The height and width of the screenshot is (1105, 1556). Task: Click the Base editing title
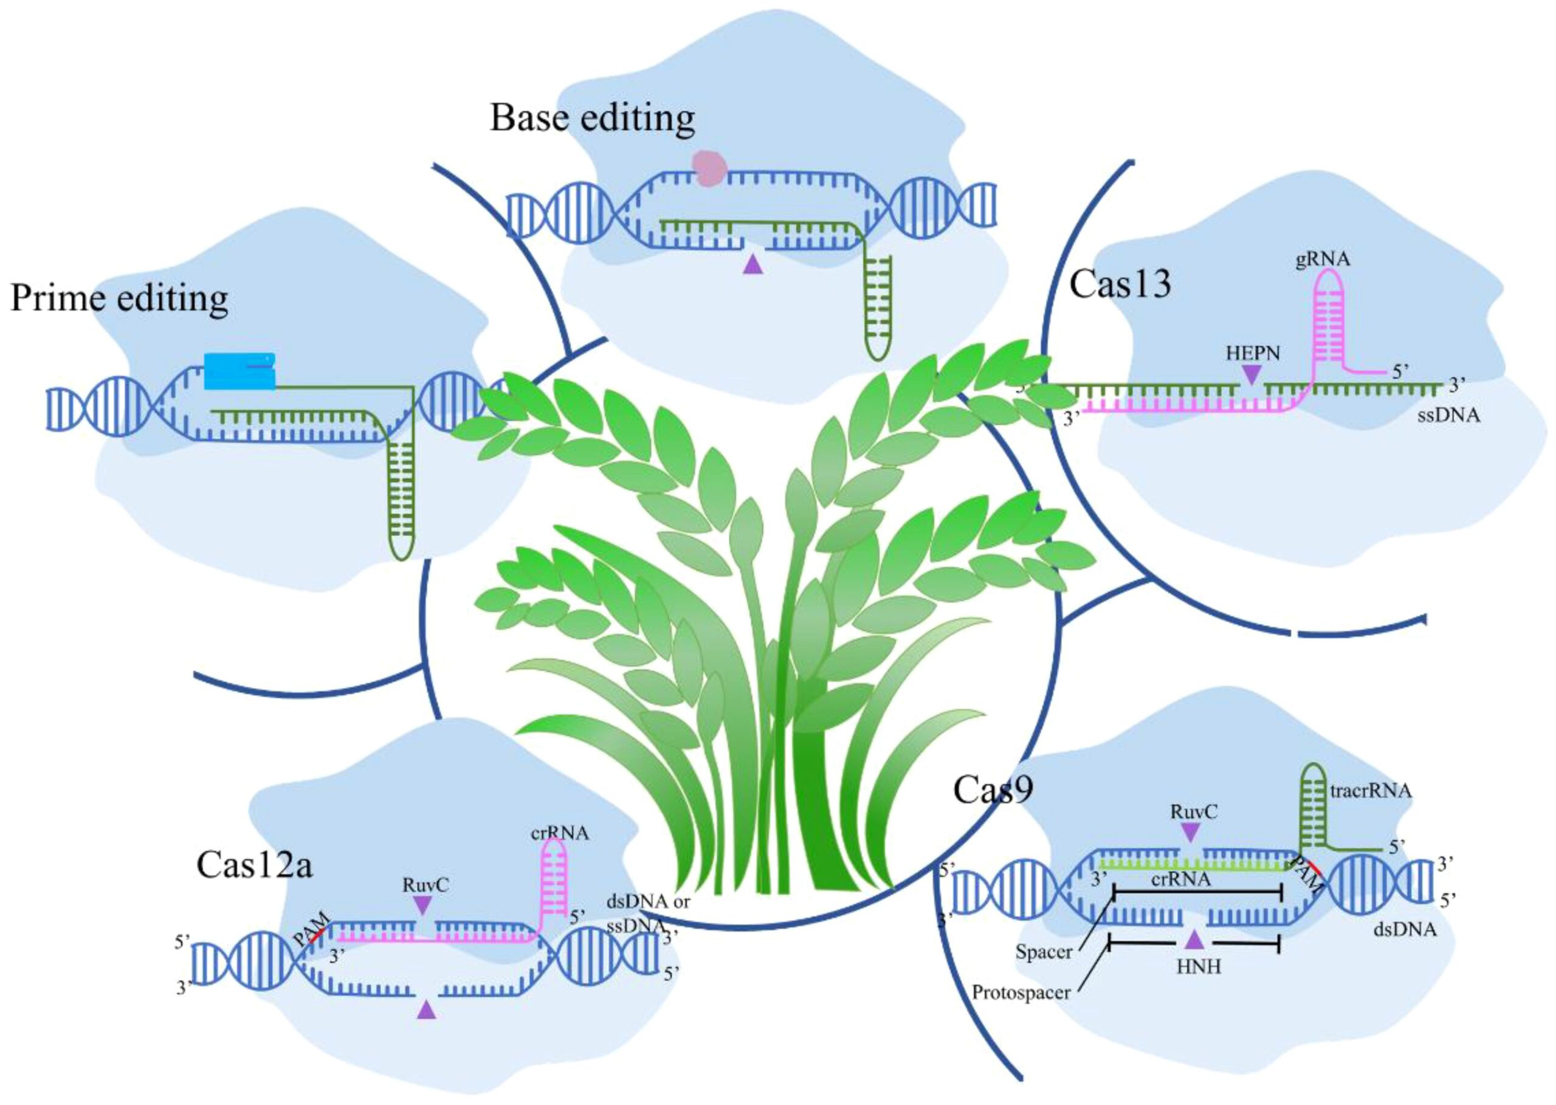tap(592, 118)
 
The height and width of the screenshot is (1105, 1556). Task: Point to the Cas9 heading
tap(993, 790)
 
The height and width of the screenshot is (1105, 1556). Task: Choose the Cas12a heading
tap(255, 866)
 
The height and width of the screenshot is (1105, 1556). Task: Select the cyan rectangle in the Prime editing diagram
tap(239, 371)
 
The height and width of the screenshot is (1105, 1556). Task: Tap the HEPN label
tap(1253, 354)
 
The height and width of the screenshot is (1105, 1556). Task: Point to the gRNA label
tap(1323, 260)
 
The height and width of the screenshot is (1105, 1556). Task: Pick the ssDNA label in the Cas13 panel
tap(1448, 415)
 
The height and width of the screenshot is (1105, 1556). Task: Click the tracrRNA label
tap(1370, 791)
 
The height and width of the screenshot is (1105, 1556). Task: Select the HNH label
tap(1198, 966)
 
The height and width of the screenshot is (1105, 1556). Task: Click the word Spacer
tap(1044, 951)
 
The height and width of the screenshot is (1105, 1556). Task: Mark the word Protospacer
tap(1021, 993)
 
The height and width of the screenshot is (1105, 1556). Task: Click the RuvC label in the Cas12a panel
tap(425, 885)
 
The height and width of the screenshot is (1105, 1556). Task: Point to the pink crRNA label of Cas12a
tap(559, 833)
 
